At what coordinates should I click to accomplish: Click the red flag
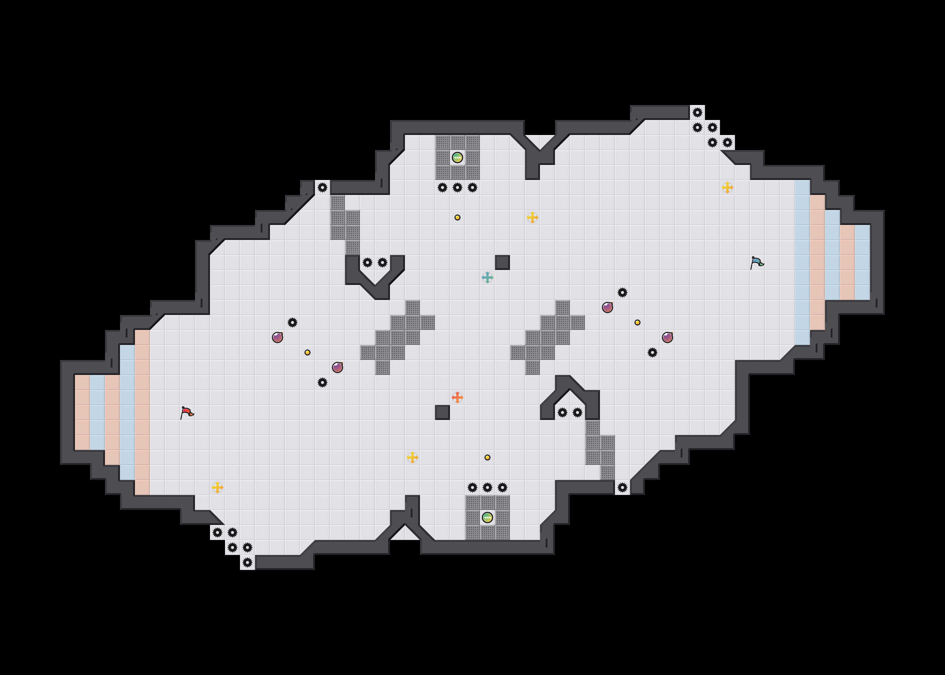pyautogui.click(x=187, y=412)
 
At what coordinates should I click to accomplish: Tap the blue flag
pyautogui.click(x=756, y=262)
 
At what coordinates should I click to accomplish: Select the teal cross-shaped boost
pyautogui.click(x=487, y=277)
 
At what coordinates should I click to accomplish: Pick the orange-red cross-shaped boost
pyautogui.click(x=457, y=397)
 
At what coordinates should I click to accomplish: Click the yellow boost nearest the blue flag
pyautogui.click(x=727, y=187)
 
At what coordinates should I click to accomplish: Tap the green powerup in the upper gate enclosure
pyautogui.click(x=457, y=157)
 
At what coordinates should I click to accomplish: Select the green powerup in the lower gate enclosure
pyautogui.click(x=487, y=517)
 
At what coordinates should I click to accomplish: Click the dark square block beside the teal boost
pyautogui.click(x=502, y=262)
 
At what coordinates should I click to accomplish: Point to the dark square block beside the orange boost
pyautogui.click(x=442, y=412)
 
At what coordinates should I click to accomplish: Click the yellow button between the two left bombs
pyautogui.click(x=307, y=352)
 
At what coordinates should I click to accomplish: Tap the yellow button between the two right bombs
pyautogui.click(x=637, y=322)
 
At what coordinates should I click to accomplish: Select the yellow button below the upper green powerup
pyautogui.click(x=457, y=217)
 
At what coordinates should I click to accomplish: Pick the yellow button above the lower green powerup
pyautogui.click(x=487, y=457)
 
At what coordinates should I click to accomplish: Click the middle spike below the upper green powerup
pyautogui.click(x=457, y=187)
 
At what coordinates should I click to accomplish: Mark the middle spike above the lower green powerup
pyautogui.click(x=487, y=487)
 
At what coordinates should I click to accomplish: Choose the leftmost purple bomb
pyautogui.click(x=277, y=337)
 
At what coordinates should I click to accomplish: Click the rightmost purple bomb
pyautogui.click(x=667, y=337)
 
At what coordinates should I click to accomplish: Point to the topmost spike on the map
pyautogui.click(x=697, y=112)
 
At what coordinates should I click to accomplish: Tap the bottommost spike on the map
pyautogui.click(x=247, y=562)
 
